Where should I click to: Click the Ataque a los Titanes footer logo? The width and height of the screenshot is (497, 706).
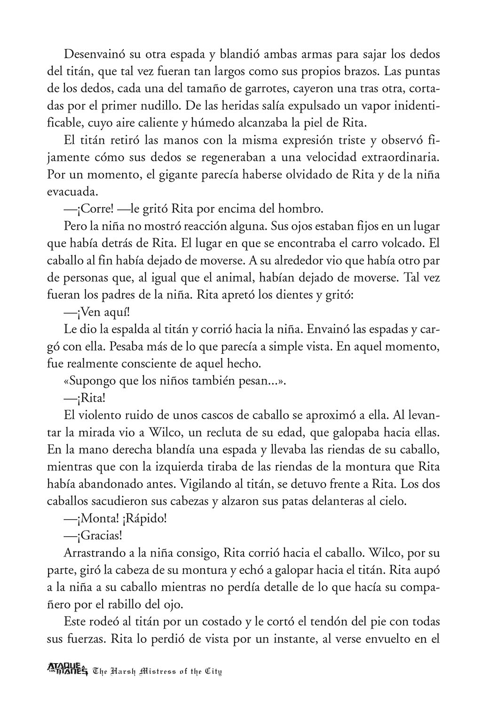click(x=68, y=668)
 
